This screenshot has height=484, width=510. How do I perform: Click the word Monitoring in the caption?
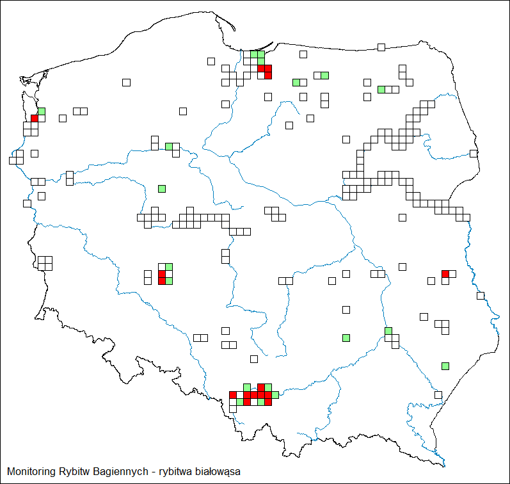click(x=29, y=472)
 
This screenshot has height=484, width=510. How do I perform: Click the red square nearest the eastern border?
click(x=445, y=274)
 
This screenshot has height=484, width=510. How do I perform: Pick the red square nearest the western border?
click(x=35, y=118)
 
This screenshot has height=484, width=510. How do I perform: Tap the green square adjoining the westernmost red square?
click(x=42, y=111)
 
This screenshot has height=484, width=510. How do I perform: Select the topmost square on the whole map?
click(x=381, y=47)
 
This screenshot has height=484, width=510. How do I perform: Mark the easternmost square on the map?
click(x=481, y=295)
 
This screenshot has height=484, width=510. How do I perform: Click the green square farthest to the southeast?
click(x=445, y=366)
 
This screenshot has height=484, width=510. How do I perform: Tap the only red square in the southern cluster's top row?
click(x=261, y=387)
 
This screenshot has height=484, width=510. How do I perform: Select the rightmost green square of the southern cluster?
click(x=275, y=395)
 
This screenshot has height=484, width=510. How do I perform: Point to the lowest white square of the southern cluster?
click(x=233, y=409)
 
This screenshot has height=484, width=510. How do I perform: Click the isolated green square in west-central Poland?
click(x=162, y=188)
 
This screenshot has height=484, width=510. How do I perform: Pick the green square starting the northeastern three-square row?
click(x=381, y=89)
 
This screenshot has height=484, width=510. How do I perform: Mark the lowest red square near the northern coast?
click(x=268, y=76)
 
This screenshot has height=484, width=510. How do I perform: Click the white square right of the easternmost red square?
click(x=452, y=274)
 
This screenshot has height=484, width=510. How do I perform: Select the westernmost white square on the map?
click(x=13, y=160)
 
